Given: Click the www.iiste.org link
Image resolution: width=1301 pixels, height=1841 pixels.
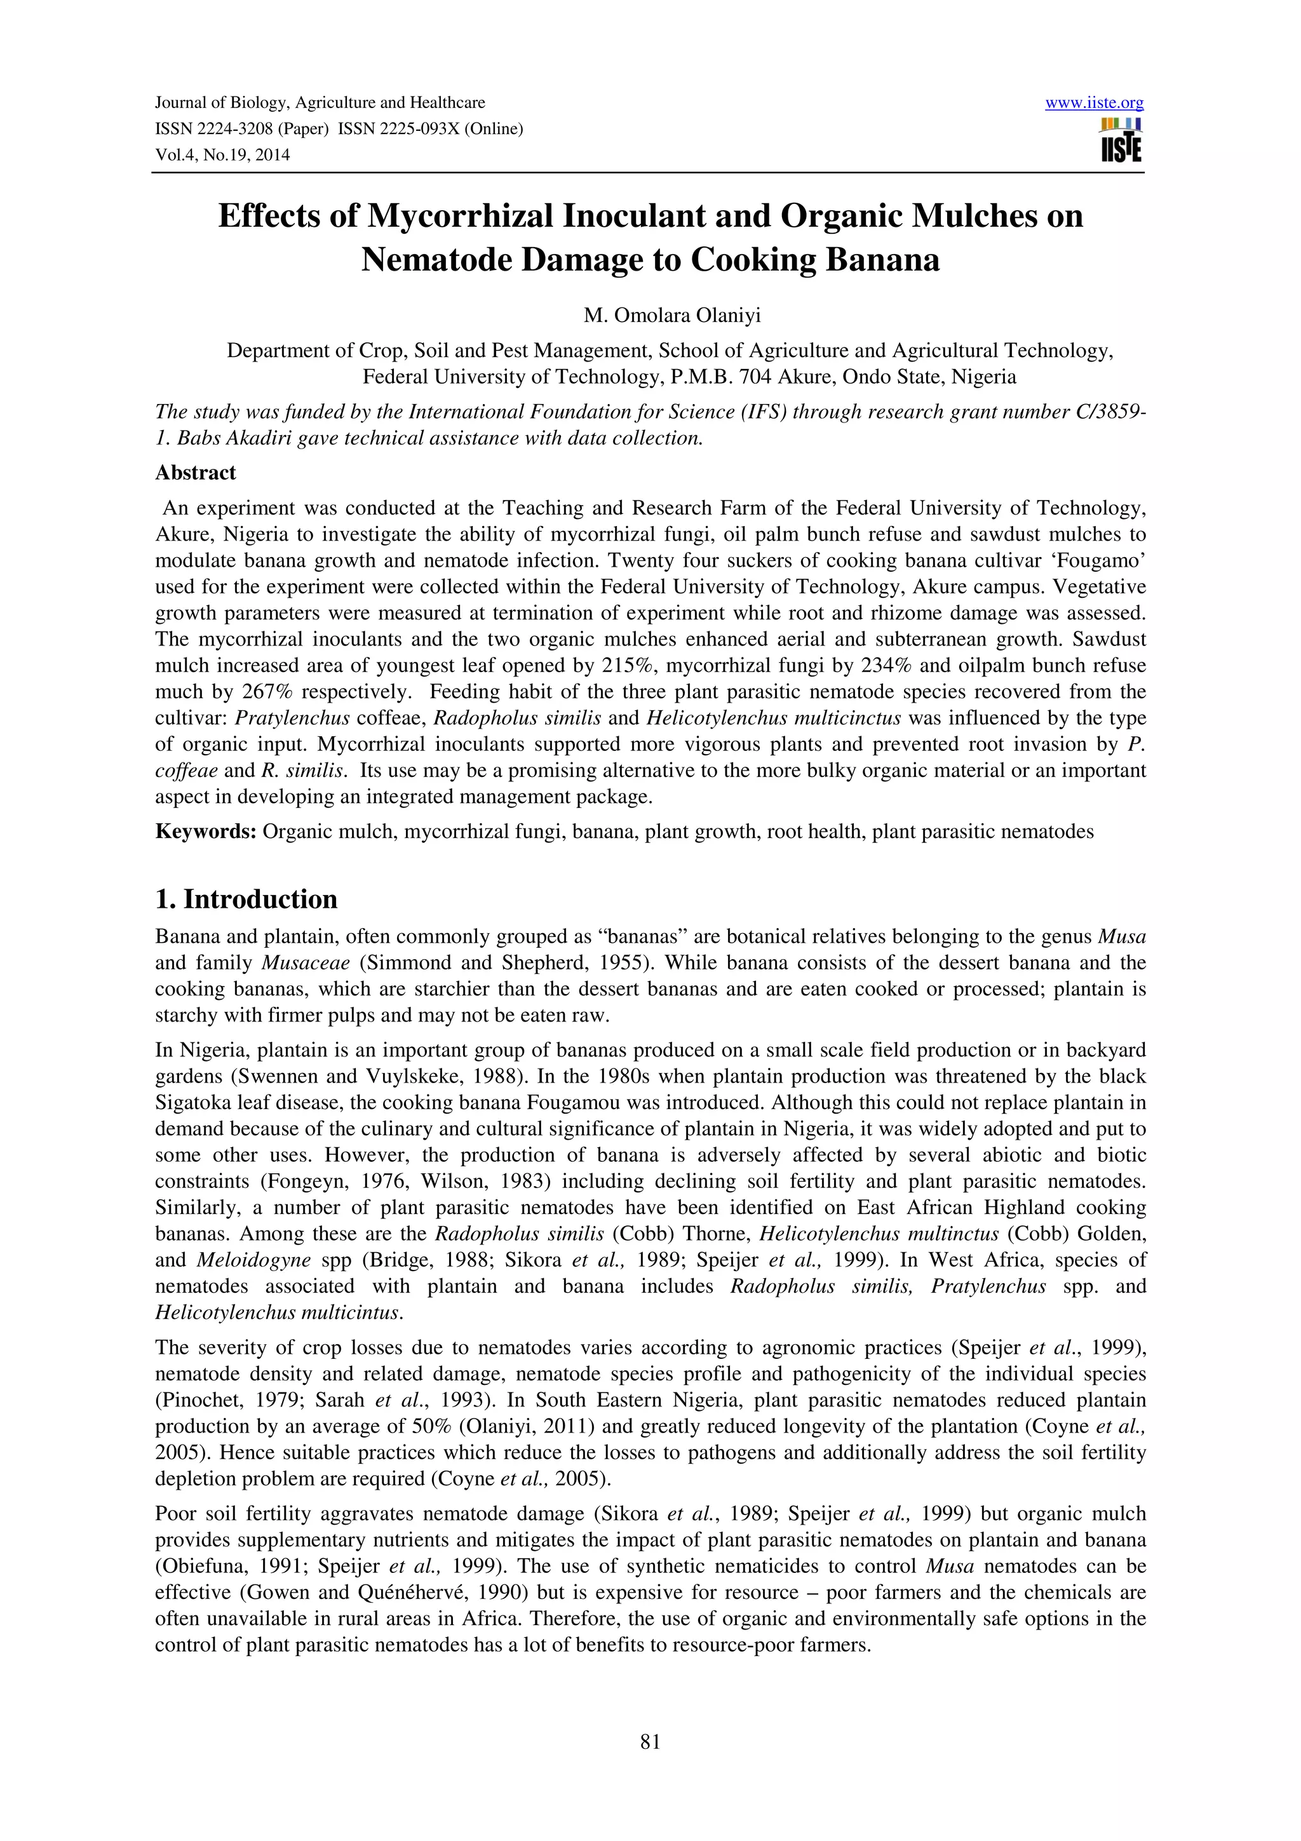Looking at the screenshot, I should (x=1094, y=103).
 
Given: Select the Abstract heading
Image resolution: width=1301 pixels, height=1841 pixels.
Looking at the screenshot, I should (x=196, y=473).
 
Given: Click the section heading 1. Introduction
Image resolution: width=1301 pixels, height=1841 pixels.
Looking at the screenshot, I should (x=246, y=900).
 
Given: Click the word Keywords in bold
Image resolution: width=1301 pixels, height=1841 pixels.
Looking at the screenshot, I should (x=205, y=832).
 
